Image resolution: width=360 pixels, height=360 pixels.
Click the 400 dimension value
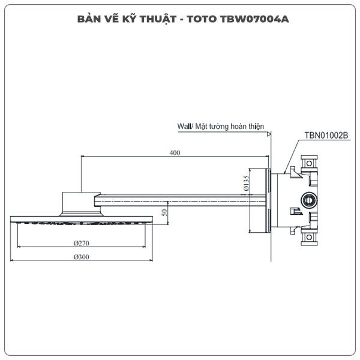pyautogui.click(x=175, y=152)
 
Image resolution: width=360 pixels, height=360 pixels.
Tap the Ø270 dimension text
pyautogui.click(x=81, y=243)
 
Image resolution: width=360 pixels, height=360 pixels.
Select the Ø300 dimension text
pyautogui.click(x=81, y=257)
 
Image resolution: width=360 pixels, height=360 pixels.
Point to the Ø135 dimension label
pyautogui.click(x=246, y=183)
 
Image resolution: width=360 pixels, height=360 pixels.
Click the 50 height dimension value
pyautogui.click(x=164, y=212)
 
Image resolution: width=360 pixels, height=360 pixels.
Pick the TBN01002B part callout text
pyautogui.click(x=326, y=136)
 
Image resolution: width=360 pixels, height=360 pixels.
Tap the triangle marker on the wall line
pyautogui.click(x=269, y=134)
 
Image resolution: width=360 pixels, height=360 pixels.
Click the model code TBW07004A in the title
pyautogui.click(x=254, y=19)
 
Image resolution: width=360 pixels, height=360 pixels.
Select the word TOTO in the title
pyautogui.click(x=202, y=19)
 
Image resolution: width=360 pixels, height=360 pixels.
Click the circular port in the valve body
pyautogui.click(x=309, y=200)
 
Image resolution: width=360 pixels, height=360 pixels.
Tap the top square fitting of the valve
pyautogui.click(x=309, y=163)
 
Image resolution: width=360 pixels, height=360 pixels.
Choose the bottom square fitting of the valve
pyautogui.click(x=309, y=237)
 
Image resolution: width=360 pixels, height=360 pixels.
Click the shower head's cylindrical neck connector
pyautogui.click(x=81, y=204)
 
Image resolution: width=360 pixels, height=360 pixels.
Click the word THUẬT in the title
pyautogui.click(x=158, y=19)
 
